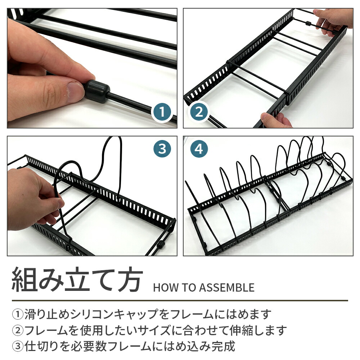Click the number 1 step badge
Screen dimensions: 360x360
coord(162,112)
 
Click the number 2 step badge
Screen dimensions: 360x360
coord(199,112)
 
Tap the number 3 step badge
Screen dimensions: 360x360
coord(162,149)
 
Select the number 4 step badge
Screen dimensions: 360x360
coord(199,149)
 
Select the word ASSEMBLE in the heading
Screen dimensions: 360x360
coord(227,288)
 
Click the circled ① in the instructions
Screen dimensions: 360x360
coord(18,314)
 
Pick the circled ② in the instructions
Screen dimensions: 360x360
coord(18,330)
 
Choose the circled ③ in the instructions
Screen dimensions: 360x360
coord(18,346)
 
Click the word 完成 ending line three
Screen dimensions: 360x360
coord(224,346)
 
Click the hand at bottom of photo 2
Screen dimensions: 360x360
coord(275,120)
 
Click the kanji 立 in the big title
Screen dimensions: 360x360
coord(77,279)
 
